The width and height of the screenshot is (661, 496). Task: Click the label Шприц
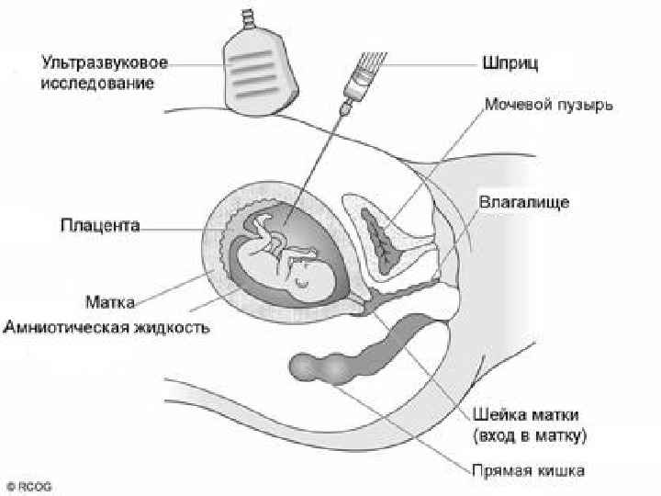tap(510, 65)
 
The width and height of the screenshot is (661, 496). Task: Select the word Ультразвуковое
tap(104, 65)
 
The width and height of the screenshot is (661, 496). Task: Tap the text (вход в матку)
tap(530, 434)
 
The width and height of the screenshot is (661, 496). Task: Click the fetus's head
tap(307, 270)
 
